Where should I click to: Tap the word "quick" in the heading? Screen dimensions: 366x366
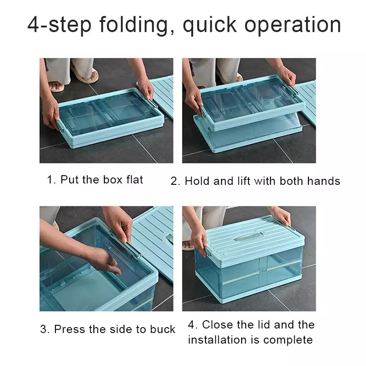210,25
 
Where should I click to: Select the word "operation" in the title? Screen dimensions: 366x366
293,25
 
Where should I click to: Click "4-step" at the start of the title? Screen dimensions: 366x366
59,25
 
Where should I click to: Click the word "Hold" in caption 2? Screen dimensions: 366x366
197,181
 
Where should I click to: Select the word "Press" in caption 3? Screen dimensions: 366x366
70,329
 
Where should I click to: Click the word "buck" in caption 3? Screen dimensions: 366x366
163,329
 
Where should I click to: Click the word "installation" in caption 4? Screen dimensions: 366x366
217,339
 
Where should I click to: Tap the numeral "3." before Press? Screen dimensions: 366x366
45,329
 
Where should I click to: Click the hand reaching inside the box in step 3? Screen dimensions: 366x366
107,260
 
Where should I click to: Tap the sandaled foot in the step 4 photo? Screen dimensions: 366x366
188,246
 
